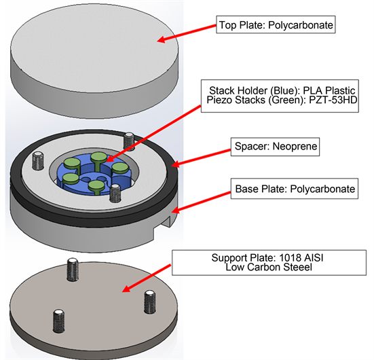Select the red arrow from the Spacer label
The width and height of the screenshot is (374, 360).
[x=198, y=156]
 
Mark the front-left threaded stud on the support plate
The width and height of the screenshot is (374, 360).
[x=58, y=319]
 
